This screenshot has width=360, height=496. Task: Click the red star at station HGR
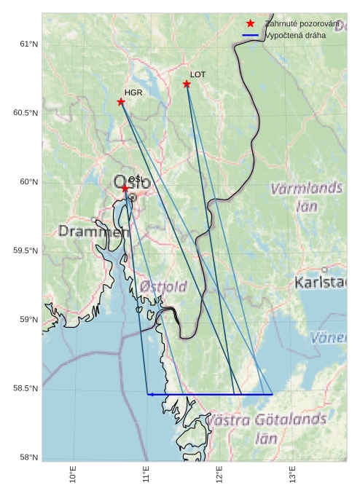(121, 102)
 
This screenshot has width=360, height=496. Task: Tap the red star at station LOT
(187, 84)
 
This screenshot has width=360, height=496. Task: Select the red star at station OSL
(125, 189)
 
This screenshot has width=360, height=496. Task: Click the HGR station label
(133, 93)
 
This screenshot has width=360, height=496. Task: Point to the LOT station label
(198, 74)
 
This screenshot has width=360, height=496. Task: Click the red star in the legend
(251, 24)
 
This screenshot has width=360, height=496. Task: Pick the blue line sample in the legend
(251, 35)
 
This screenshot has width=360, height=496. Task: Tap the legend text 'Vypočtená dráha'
(295, 35)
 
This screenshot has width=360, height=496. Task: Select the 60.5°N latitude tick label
(25, 113)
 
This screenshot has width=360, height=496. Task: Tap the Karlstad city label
(320, 283)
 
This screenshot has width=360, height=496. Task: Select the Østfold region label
(163, 286)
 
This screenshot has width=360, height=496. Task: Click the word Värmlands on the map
(306, 189)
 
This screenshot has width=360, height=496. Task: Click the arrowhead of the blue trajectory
(149, 394)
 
